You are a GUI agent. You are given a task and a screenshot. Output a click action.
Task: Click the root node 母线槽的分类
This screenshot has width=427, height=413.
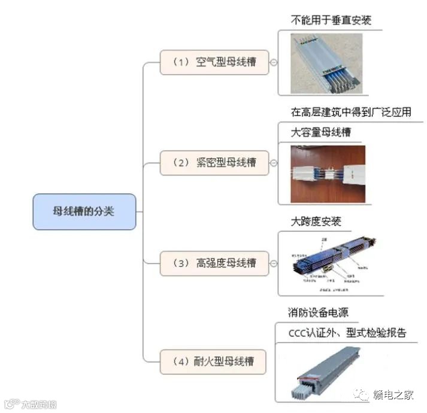click(84, 212)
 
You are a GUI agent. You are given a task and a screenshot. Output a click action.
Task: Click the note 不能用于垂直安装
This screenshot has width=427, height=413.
click(331, 20)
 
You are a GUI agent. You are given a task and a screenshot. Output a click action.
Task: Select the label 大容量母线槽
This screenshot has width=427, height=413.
click(321, 132)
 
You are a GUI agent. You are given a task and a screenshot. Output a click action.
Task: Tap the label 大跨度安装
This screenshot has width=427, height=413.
click(316, 222)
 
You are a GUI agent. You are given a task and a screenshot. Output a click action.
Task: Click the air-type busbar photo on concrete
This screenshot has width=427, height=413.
click(326, 63)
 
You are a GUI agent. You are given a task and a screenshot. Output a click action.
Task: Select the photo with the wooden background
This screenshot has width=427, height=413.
click(328, 173)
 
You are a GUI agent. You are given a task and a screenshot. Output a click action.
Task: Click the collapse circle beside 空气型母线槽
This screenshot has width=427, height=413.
click(274, 62)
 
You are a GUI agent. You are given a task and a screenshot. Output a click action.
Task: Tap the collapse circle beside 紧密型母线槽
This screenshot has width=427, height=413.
click(274, 162)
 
